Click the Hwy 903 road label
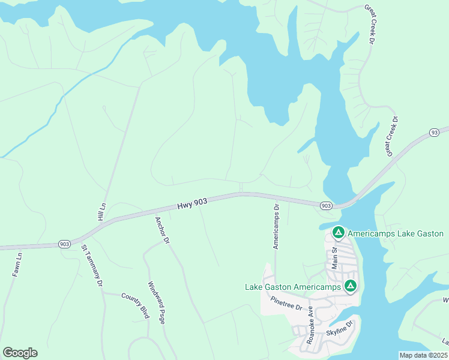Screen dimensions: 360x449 click(x=192, y=205)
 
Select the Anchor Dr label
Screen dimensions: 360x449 click(x=161, y=229)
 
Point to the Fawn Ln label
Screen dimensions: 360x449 click(x=17, y=264)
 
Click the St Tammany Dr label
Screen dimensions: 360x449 click(x=92, y=266)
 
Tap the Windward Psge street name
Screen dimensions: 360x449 click(x=155, y=303)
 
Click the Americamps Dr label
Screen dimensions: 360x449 click(x=276, y=227)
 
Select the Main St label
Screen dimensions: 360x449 click(x=335, y=253)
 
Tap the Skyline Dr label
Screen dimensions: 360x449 click(x=340, y=328)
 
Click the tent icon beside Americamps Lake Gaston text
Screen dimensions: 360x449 click(x=338, y=232)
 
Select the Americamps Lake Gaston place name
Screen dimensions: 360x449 click(x=396, y=233)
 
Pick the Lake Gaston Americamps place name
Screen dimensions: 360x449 click(x=294, y=287)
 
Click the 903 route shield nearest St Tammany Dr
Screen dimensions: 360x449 click(x=64, y=244)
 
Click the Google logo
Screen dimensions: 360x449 click(x=20, y=353)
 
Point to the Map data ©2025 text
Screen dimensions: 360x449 click(x=423, y=355)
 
